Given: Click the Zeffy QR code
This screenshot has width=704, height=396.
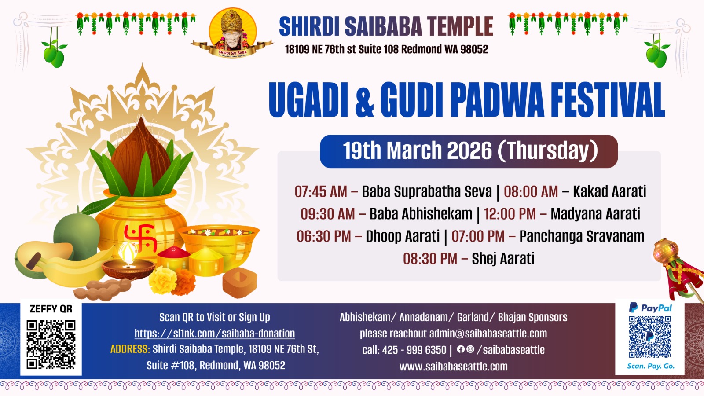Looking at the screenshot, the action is [x=51, y=345].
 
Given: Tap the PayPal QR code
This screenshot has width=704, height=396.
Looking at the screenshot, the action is [x=649, y=337].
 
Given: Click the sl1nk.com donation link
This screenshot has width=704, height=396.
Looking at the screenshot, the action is [x=215, y=333].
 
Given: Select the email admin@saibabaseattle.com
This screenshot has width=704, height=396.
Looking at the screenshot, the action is [x=488, y=334].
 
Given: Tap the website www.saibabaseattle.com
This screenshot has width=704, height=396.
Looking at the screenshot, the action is [x=453, y=367].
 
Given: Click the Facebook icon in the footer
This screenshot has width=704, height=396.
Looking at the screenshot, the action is [x=460, y=349].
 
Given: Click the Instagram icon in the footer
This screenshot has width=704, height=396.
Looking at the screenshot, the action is [x=470, y=349].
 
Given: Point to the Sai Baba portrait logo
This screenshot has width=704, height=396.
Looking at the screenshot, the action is [x=233, y=32].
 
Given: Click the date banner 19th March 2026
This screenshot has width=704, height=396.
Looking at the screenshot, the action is [x=469, y=151].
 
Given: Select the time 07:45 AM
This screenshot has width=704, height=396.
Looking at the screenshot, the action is [x=321, y=191].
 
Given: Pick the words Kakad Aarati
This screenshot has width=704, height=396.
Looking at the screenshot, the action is [x=609, y=191].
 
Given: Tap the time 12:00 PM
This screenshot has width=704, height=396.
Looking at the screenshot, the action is [x=510, y=214].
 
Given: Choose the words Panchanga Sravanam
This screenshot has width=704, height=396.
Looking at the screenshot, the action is [x=582, y=236].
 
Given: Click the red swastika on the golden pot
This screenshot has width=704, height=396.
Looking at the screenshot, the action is [x=140, y=238].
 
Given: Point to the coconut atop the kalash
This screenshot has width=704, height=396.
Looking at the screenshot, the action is [x=140, y=154].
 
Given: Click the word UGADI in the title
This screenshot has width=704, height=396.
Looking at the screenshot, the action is [x=308, y=100].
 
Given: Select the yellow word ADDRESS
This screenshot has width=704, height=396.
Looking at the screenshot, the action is [x=130, y=349].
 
